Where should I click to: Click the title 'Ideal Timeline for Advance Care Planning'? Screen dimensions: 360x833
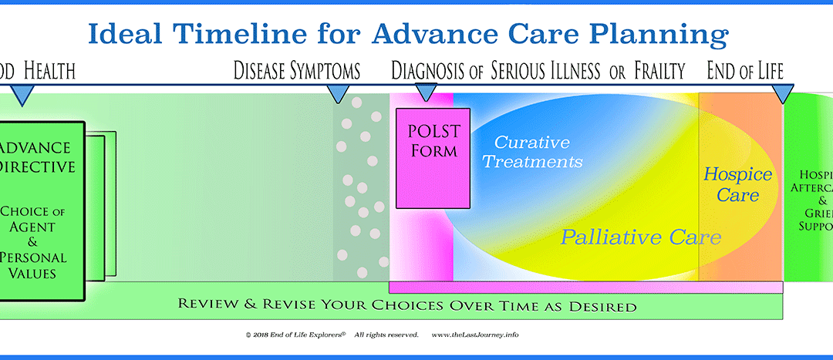click(x=408, y=34)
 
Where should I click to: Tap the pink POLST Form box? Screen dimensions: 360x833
click(x=433, y=157)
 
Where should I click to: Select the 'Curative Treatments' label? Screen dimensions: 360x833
click(x=538, y=152)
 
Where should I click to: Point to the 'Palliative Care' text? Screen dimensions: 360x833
click(x=640, y=237)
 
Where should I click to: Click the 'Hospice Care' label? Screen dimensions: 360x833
click(x=730, y=185)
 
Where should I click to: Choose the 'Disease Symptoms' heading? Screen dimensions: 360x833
click(x=297, y=72)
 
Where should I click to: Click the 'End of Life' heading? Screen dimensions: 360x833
click(x=745, y=72)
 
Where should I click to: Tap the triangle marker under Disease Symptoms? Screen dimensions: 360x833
click(x=337, y=94)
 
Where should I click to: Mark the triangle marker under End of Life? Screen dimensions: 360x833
click(x=784, y=94)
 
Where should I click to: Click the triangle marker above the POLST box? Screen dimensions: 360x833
click(x=426, y=93)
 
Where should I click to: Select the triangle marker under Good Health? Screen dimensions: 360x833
click(x=22, y=95)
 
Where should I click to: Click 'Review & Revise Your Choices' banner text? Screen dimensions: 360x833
click(x=407, y=306)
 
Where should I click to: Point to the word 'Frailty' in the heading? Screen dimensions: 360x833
click(x=659, y=72)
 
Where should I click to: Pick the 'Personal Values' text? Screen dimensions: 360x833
click(x=35, y=265)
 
